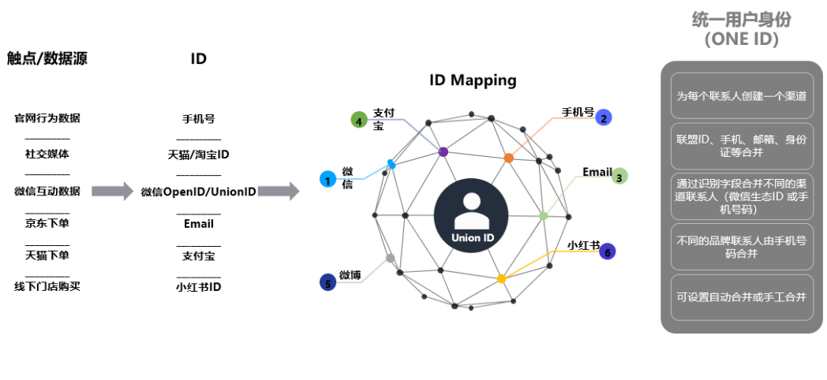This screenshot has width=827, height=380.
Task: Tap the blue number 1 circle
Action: point(327,180)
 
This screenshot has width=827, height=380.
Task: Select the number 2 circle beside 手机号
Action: point(604,117)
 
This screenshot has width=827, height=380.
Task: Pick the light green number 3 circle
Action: point(619,177)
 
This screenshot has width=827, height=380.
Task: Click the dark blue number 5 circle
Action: point(328,281)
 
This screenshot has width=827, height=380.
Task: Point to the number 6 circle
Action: point(607,251)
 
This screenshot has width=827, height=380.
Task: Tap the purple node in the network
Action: point(443,151)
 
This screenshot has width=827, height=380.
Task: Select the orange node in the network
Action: point(508,158)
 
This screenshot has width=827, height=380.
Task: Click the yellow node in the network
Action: point(501,278)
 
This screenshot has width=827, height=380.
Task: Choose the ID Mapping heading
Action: point(473,80)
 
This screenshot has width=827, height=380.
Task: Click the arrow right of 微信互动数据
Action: point(113,191)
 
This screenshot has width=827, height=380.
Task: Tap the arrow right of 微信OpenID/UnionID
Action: point(279,191)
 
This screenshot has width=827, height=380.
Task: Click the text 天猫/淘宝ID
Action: point(199,154)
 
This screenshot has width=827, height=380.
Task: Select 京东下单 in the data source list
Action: point(47,223)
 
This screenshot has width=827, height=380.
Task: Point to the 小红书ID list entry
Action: point(199,287)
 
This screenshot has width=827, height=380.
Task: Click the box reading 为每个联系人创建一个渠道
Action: point(741,96)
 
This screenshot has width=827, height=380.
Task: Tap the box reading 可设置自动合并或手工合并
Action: point(741,297)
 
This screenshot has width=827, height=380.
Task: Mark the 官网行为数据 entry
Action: point(47,119)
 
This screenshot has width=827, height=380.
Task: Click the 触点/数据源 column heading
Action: point(47,58)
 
